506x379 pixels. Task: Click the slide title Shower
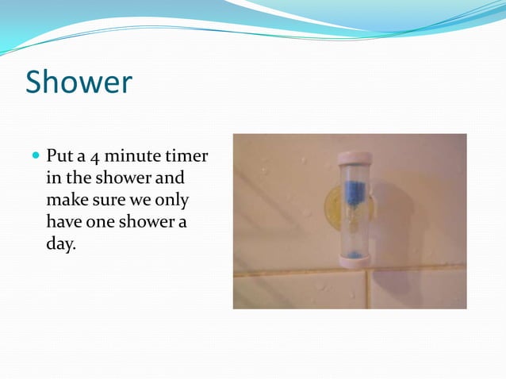click(79, 82)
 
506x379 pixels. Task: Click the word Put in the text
click(59, 153)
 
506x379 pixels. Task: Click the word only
click(171, 198)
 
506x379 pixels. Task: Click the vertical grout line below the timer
click(366, 289)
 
